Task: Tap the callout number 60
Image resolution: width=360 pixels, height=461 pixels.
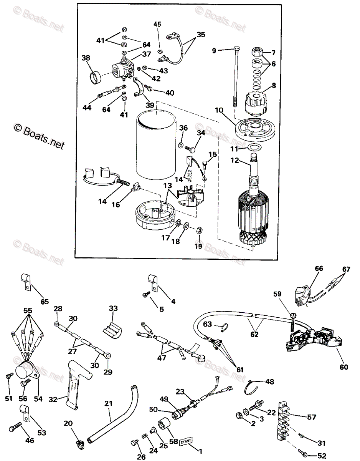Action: (x=343, y=367)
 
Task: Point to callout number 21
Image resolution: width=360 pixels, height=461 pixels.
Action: (x=109, y=403)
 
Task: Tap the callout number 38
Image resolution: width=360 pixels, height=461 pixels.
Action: (x=86, y=58)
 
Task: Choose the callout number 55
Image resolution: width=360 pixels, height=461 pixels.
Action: (x=27, y=310)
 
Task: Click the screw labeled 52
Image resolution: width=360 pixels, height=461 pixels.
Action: (x=305, y=456)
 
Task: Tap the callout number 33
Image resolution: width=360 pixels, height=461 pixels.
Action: (x=113, y=308)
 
